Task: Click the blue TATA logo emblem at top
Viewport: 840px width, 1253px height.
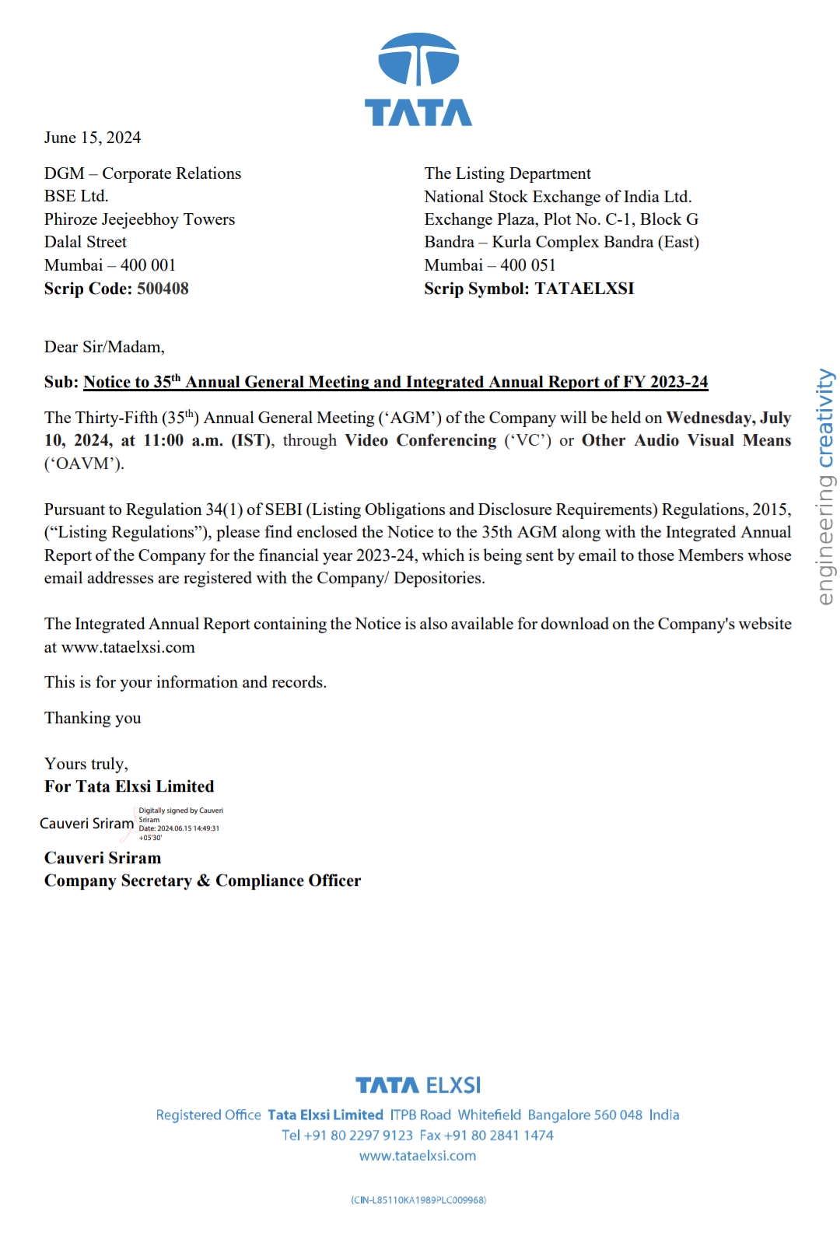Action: pos(418,60)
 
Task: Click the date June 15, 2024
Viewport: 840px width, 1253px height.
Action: pos(93,138)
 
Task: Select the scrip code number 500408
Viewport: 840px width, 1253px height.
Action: pos(163,289)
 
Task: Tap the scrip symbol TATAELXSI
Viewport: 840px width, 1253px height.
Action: pos(584,289)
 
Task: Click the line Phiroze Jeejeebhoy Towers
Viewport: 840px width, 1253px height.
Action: pos(139,219)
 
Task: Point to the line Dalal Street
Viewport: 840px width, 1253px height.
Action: pos(86,242)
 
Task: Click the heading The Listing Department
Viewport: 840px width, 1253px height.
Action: pos(507,173)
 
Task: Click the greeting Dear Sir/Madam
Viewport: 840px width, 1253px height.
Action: pos(104,347)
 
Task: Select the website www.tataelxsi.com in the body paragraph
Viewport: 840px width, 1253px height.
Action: pos(128,647)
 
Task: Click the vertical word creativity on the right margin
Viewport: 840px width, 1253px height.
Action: pos(824,418)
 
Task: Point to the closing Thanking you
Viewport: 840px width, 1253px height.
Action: pos(93,718)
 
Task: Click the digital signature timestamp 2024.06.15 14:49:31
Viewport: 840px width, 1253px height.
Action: pos(188,828)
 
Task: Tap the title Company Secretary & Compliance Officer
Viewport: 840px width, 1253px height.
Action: pos(202,880)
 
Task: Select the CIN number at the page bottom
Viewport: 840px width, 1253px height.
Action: pos(418,1200)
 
